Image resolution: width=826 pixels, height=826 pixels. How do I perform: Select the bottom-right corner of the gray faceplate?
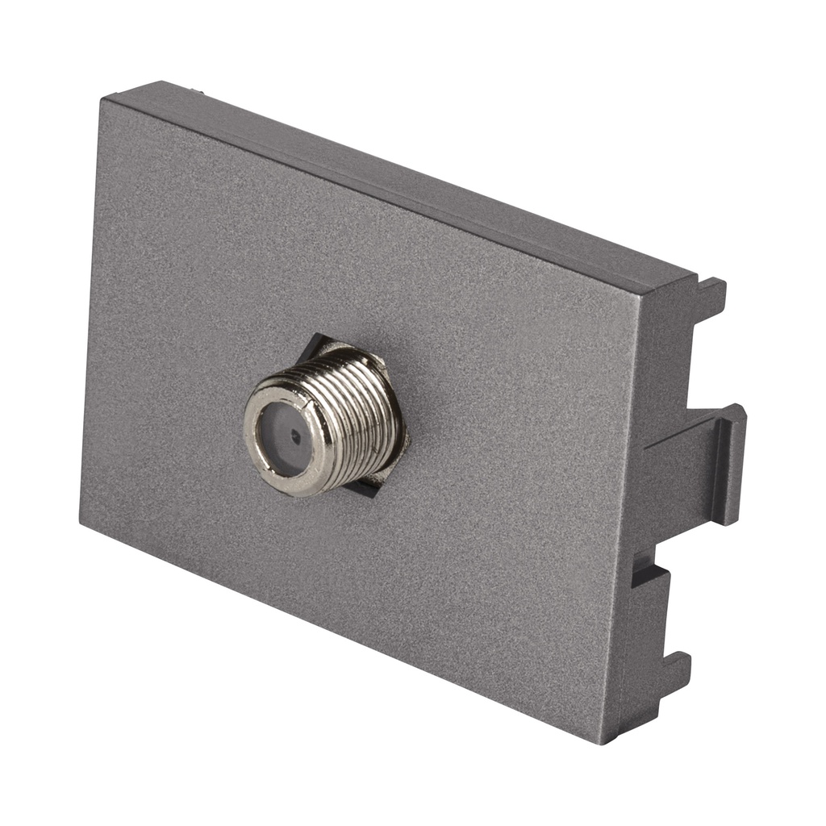[x=603, y=739]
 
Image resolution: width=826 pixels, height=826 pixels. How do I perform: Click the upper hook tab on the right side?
[x=710, y=298]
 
